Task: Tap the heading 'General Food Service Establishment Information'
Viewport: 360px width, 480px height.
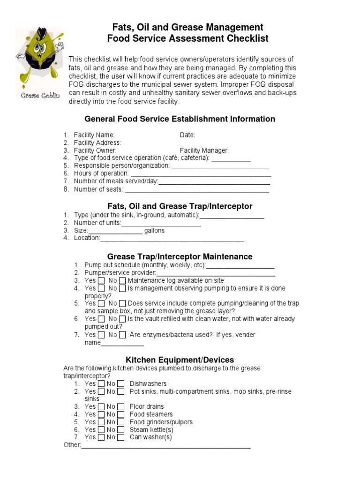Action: pyautogui.click(x=180, y=119)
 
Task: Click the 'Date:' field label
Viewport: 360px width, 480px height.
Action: pyautogui.click(x=187, y=135)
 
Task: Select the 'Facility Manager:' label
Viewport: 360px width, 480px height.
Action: pyautogui.click(x=204, y=150)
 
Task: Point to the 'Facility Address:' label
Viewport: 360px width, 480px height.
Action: pyautogui.click(x=97, y=142)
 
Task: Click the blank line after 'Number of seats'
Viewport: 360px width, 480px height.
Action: pyautogui.click(x=197, y=190)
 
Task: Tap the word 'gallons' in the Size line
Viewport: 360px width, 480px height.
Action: pyautogui.click(x=154, y=231)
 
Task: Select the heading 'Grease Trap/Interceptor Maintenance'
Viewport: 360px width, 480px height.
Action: pyautogui.click(x=180, y=256)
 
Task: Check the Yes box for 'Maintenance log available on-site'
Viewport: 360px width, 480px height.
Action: pyautogui.click(x=101, y=281)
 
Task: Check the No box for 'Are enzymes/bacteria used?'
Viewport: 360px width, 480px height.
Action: pyautogui.click(x=122, y=335)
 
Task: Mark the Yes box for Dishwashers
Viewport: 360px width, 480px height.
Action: pyautogui.click(x=101, y=384)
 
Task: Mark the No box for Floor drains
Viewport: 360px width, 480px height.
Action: pyautogui.click(x=121, y=406)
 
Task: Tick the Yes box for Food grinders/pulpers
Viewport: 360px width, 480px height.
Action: pyautogui.click(x=101, y=422)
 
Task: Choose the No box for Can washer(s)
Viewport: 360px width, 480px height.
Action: pyautogui.click(x=121, y=437)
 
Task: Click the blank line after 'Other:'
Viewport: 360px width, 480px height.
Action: pyautogui.click(x=166, y=446)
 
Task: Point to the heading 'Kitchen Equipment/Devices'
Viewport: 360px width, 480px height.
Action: pyautogui.click(x=180, y=360)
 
